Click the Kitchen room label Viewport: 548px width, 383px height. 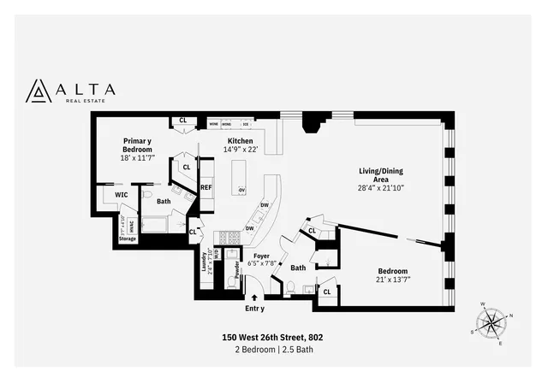[240, 140]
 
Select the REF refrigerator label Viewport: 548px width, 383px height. [206, 186]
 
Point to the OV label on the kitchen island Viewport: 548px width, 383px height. [241, 190]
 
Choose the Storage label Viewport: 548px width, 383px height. [128, 239]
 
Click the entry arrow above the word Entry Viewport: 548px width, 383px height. [254, 298]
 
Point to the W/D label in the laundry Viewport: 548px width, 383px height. [217, 254]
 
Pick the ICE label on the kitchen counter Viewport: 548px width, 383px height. [245, 124]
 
